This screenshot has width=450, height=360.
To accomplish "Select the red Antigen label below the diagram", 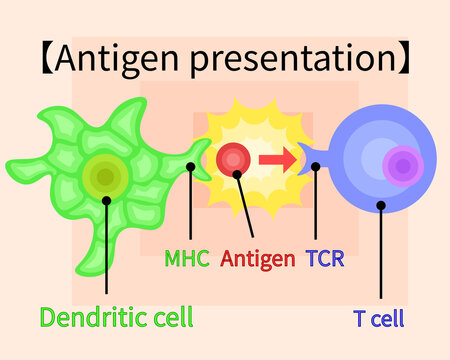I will coord(258,259).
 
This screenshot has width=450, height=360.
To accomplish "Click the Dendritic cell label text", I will coord(116,318).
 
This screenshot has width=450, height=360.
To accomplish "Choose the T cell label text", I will coord(379,319).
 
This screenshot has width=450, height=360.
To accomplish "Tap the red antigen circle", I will coord(233,158).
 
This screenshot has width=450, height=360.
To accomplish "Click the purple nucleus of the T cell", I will coord(402,167).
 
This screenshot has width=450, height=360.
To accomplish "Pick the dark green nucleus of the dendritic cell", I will coord(104,177).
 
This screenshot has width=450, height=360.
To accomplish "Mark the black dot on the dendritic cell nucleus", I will coord(107,198).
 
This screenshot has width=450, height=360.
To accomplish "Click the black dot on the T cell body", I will coord(381,206).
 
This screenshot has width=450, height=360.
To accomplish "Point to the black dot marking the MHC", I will coord(190,167).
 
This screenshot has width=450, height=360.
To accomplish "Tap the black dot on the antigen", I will coord(239,173).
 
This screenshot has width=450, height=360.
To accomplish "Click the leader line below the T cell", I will coord(381,255).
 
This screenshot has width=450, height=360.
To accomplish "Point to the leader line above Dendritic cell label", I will coord(107,250).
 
